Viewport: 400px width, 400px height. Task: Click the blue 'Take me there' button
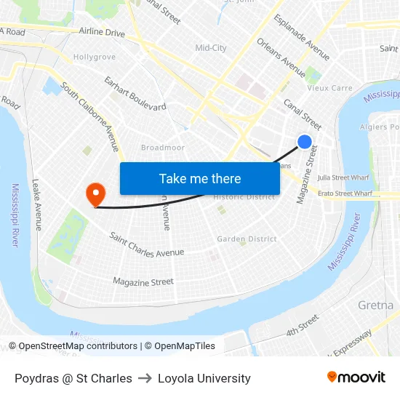pyautogui.click(x=200, y=178)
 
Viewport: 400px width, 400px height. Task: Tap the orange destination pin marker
pyautogui.click(x=95, y=193)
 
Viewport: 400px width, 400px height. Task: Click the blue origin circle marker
pyautogui.click(x=305, y=142)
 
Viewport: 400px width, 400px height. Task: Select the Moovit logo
pyautogui.click(x=356, y=377)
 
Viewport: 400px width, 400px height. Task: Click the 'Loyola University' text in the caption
pyautogui.click(x=204, y=378)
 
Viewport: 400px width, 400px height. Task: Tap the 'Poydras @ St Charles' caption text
pyautogui.click(x=73, y=378)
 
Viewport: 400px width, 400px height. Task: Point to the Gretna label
pyautogui.click(x=375, y=305)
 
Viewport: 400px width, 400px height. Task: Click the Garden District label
pyautogui.click(x=247, y=239)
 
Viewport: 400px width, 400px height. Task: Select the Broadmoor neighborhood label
pyautogui.click(x=163, y=148)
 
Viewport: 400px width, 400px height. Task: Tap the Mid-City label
pyautogui.click(x=211, y=48)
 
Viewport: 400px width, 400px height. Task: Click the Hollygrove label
pyautogui.click(x=95, y=57)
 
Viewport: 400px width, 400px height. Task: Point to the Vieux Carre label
pyautogui.click(x=330, y=88)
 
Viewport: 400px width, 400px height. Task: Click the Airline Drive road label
pyautogui.click(x=102, y=33)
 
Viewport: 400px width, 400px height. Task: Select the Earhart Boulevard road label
pyautogui.click(x=135, y=93)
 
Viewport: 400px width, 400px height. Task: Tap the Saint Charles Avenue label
pyautogui.click(x=146, y=244)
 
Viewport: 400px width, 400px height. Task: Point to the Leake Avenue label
pyautogui.click(x=36, y=204)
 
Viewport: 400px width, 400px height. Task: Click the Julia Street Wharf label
pyautogui.click(x=344, y=177)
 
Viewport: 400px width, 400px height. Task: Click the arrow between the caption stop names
pyautogui.click(x=145, y=378)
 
